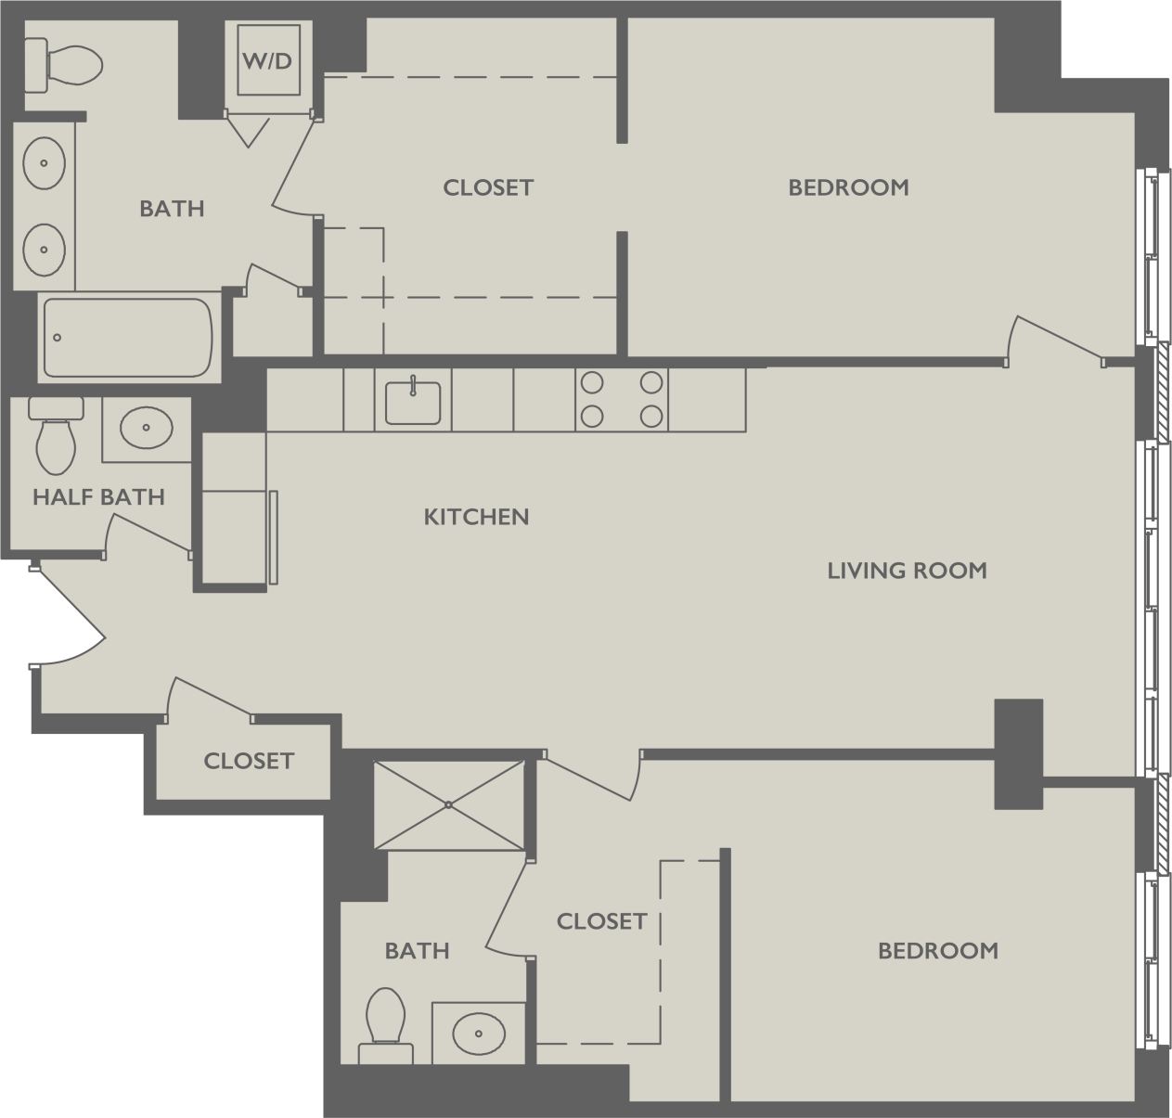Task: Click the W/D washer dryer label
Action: coord(267,61)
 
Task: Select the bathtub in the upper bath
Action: coord(128,337)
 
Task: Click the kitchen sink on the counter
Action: coord(413,402)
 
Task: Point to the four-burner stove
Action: coord(621,400)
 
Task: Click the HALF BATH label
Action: coord(98,497)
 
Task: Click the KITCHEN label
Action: coord(476,517)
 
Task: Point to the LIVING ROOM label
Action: coord(907,571)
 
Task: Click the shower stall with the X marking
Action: coord(449,804)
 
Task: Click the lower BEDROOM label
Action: coord(937,951)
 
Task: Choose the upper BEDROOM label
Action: coord(848,187)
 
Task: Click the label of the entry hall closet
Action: coord(249,762)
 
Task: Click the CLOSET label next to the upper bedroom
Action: coord(488,187)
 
